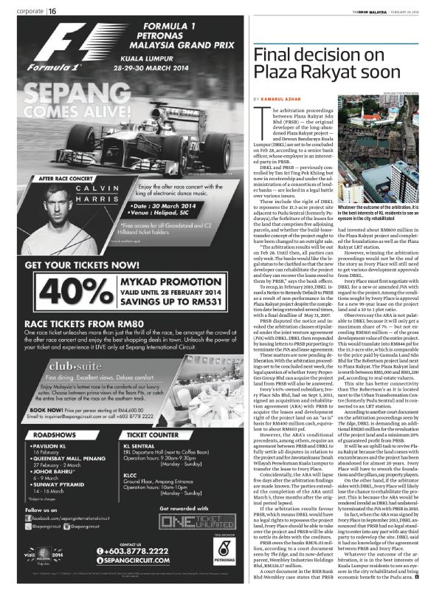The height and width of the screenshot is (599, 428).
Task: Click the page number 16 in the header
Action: pos(54,10)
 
